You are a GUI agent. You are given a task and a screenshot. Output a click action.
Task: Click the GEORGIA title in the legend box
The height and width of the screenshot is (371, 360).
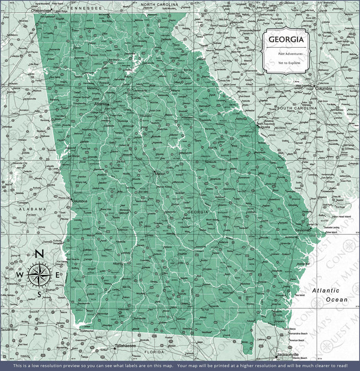[x=286, y=40]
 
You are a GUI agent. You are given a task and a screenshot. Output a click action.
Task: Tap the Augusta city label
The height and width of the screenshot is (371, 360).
[x=264, y=128]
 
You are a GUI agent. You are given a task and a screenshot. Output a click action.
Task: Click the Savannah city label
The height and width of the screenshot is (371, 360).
[x=303, y=231]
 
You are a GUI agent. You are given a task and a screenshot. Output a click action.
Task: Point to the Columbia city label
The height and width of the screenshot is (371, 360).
[x=323, y=89]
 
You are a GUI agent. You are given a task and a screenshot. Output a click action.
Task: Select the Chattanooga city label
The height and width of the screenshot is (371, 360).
[x=42, y=10]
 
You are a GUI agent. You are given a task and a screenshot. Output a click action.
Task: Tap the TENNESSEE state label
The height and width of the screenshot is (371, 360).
[x=86, y=8]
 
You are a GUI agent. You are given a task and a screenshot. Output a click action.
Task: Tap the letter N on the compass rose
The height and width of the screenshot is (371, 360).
[x=39, y=254]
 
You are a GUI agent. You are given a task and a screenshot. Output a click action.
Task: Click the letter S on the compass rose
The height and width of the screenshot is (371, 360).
[x=39, y=294]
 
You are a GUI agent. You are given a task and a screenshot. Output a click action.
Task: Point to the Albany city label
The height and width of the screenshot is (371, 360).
[x=117, y=263]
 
